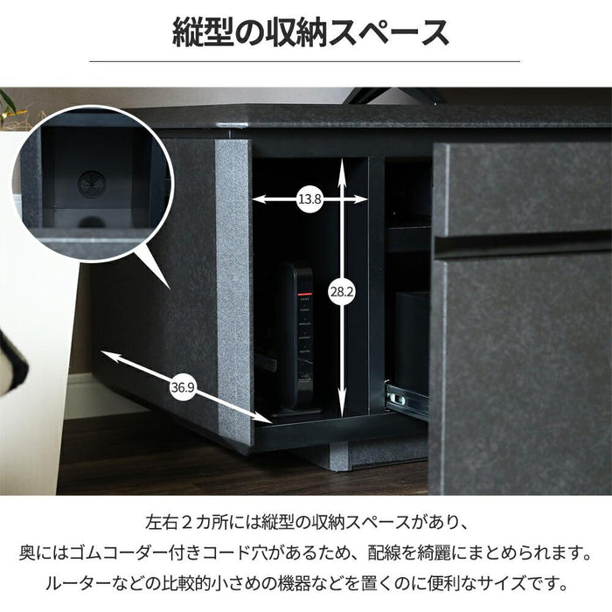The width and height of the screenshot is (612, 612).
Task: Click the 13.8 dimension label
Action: [309, 199]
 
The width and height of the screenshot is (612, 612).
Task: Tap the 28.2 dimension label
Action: [342, 291]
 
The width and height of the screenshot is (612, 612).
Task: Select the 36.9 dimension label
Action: [183, 387]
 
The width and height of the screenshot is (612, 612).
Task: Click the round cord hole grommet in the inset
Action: [92, 184]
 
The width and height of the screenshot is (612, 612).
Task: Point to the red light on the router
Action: [305, 294]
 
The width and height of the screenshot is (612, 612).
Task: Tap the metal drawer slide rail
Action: [406, 397]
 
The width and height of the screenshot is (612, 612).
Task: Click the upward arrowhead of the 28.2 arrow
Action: [342, 163]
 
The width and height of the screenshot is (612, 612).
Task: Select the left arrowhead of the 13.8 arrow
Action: [259, 199]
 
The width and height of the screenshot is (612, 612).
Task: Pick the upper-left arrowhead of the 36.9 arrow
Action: [107, 354]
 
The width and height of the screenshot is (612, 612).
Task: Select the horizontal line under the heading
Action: [304, 61]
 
